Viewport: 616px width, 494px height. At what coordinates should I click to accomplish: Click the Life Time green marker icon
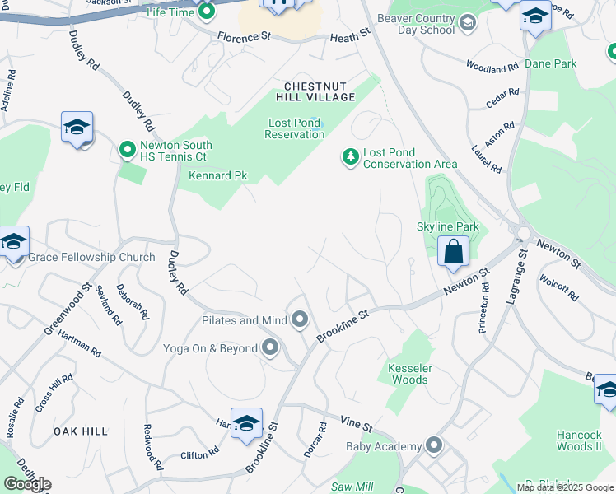click(x=207, y=12)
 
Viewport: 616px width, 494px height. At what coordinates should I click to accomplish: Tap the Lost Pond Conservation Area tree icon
click(x=351, y=156)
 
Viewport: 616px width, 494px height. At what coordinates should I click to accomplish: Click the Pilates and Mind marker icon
click(x=300, y=319)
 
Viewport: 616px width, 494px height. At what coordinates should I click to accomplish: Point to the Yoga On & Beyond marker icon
click(x=270, y=348)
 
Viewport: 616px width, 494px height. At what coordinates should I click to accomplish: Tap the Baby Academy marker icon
click(x=435, y=447)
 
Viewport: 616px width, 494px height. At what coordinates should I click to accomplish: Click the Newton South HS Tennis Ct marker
click(x=127, y=150)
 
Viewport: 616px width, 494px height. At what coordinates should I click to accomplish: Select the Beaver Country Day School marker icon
click(x=469, y=22)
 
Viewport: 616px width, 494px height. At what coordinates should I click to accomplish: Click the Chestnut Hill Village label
click(x=320, y=91)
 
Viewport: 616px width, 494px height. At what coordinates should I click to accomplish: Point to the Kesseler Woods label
click(x=408, y=374)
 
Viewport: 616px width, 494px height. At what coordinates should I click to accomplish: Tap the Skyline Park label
click(x=447, y=226)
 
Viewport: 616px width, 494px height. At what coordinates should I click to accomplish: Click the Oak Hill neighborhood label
click(x=81, y=431)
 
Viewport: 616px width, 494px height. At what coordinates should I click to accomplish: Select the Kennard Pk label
click(x=218, y=175)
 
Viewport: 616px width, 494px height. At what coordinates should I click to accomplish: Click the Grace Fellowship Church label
click(x=91, y=257)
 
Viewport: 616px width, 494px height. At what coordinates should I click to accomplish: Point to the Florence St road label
click(x=245, y=37)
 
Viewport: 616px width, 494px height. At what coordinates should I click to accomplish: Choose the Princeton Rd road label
click(x=484, y=310)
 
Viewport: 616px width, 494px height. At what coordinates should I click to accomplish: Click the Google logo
click(x=27, y=484)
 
